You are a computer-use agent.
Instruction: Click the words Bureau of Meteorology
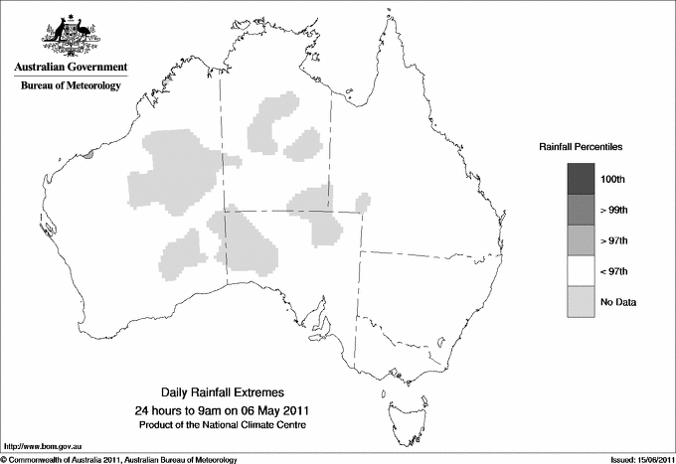[71, 86]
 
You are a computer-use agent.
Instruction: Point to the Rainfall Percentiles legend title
[581, 146]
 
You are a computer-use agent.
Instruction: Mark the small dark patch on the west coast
[89, 154]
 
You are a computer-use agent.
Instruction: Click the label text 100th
[613, 180]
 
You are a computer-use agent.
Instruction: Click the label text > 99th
[614, 211]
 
